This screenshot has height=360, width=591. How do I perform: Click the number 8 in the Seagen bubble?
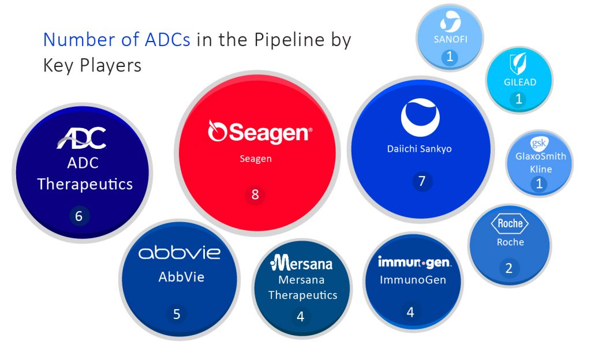(x=255, y=194)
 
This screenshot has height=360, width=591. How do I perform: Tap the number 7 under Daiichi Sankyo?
(x=422, y=181)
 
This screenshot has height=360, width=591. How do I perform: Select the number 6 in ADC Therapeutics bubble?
(x=78, y=216)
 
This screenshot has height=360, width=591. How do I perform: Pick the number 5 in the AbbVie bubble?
(x=177, y=314)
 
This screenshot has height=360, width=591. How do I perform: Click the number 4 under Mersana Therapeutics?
(x=300, y=316)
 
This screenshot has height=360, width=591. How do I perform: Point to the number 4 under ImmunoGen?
(x=410, y=312)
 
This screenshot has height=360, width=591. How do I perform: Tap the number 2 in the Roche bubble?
(x=509, y=268)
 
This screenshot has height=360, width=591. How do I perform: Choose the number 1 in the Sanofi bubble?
(x=450, y=57)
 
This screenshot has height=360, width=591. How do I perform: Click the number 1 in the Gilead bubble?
(x=519, y=99)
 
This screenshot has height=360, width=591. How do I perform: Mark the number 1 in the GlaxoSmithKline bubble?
(x=540, y=183)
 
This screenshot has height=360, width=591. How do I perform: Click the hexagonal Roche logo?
(x=510, y=223)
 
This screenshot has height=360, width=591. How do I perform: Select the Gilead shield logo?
(x=518, y=63)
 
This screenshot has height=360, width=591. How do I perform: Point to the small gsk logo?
(x=539, y=142)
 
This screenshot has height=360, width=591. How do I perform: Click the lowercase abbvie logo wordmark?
(x=179, y=253)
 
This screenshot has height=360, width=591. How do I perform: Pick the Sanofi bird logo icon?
(x=450, y=21)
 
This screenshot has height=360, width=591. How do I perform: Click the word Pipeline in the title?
(x=289, y=40)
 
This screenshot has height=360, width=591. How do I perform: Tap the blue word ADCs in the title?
(x=167, y=40)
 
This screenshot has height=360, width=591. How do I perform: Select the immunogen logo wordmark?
(x=414, y=262)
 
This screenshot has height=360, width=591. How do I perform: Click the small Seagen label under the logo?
(x=256, y=159)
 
